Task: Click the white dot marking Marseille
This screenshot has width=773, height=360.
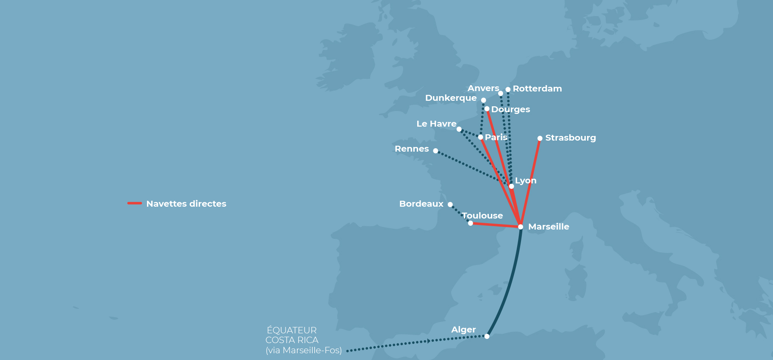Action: (521, 227)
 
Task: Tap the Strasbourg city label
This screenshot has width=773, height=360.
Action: (570, 138)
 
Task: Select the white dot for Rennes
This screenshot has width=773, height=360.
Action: (435, 151)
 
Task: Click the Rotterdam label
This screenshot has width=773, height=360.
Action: (537, 89)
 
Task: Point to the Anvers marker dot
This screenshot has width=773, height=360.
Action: (501, 94)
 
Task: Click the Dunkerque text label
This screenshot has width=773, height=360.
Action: (451, 98)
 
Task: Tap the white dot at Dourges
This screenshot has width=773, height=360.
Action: (487, 109)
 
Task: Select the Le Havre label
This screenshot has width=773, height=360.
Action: (436, 124)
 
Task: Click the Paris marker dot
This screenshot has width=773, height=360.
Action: (480, 137)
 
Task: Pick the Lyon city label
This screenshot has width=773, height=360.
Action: (526, 180)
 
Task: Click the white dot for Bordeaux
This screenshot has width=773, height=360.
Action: (450, 205)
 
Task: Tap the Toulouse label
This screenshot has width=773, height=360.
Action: (482, 216)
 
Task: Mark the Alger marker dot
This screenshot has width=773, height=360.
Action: (487, 336)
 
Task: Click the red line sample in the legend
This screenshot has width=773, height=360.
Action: (135, 203)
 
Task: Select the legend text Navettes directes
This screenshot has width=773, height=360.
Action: (186, 204)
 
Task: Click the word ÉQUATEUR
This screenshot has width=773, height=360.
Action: (292, 330)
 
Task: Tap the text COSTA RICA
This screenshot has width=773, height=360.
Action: (292, 340)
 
